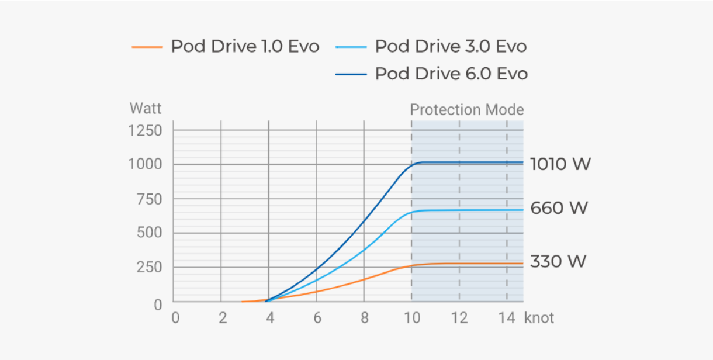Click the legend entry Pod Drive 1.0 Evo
pyautogui.click(x=245, y=47)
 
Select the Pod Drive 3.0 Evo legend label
pyautogui.click(x=451, y=47)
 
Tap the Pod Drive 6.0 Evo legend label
pyautogui.click(x=451, y=74)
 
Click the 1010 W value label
pyautogui.click(x=560, y=164)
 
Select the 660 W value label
pyautogui.click(x=559, y=208)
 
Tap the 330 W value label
pyautogui.click(x=558, y=261)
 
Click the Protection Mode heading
pyautogui.click(x=466, y=110)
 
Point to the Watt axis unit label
pyautogui.click(x=146, y=109)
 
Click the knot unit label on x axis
pyautogui.click(x=539, y=319)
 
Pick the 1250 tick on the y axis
pyautogui.click(x=145, y=130)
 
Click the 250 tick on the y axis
pyautogui.click(x=148, y=268)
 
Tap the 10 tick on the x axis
pyautogui.click(x=412, y=319)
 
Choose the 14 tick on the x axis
pyautogui.click(x=507, y=319)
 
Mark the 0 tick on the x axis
pyautogui.click(x=174, y=319)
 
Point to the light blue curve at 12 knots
pyautogui.click(x=459, y=210)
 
